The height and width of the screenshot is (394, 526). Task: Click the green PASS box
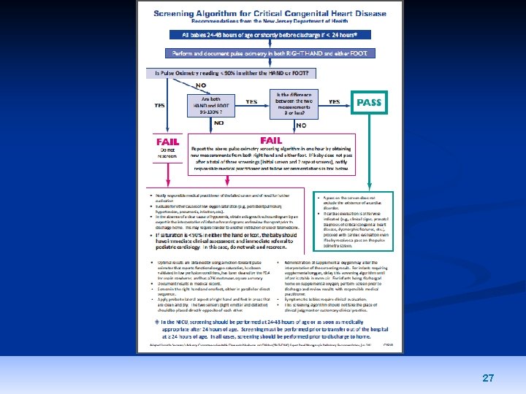click(x=368, y=103)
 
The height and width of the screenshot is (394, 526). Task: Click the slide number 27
click(x=488, y=378)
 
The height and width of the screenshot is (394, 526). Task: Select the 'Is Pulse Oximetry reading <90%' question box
click(x=231, y=73)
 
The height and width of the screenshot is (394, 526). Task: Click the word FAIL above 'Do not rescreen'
click(x=167, y=142)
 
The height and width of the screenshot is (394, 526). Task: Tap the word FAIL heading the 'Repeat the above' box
click(x=271, y=140)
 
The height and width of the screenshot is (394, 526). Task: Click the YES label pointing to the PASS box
click(x=334, y=102)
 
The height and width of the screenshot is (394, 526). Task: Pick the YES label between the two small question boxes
click(x=251, y=102)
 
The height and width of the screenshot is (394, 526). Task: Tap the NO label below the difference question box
click(x=301, y=125)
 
